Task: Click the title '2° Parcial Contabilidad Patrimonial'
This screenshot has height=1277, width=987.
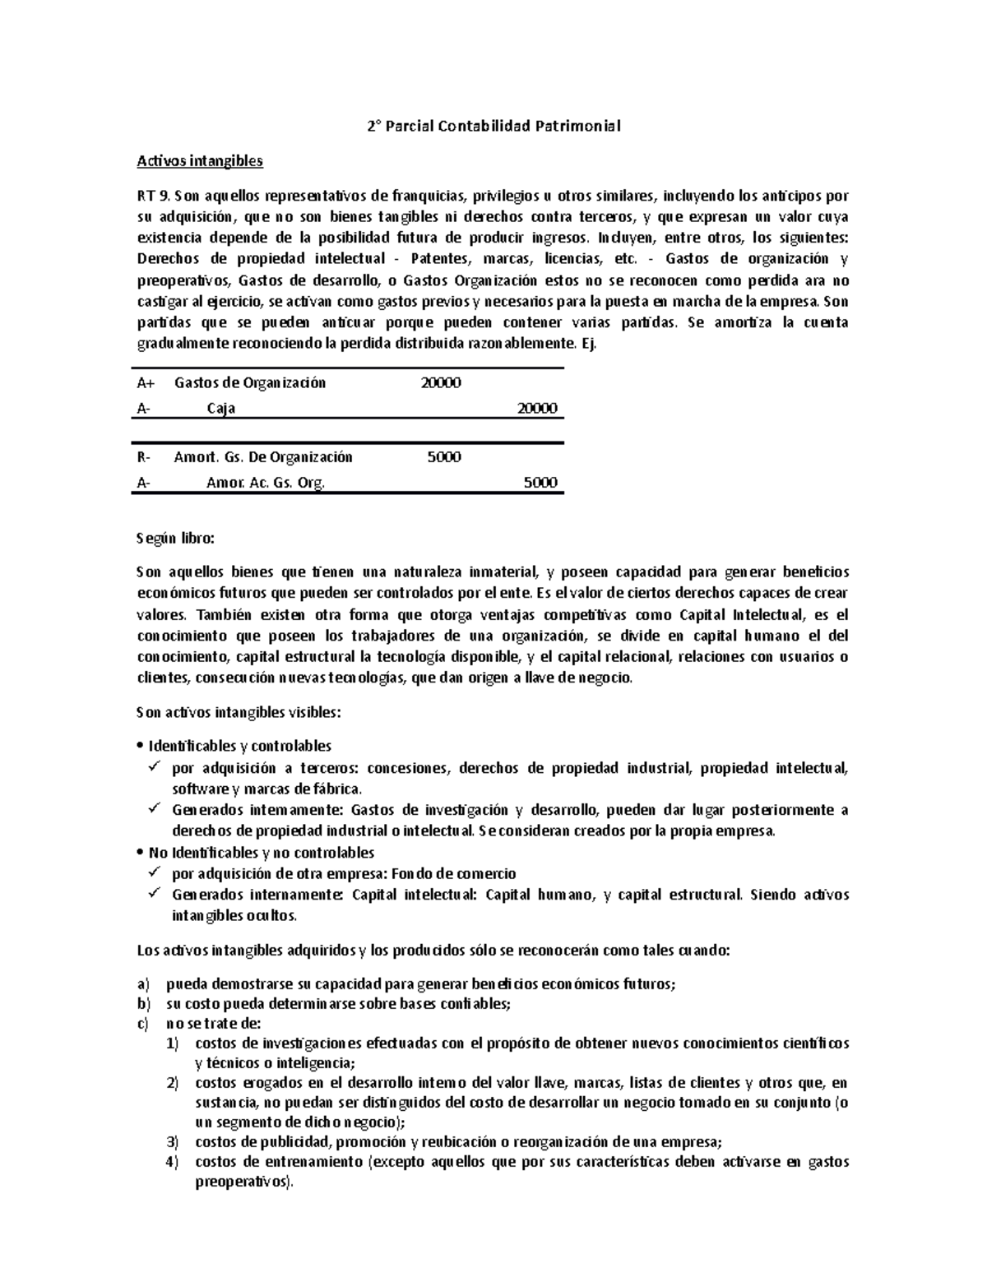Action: click(x=493, y=127)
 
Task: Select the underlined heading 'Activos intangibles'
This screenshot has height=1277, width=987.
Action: click(x=199, y=161)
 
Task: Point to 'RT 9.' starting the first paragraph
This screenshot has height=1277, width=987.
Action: click(x=153, y=196)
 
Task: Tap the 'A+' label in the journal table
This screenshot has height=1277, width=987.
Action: click(x=146, y=382)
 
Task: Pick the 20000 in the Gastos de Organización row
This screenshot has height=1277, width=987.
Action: click(x=440, y=382)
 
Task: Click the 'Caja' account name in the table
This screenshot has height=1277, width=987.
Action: click(x=220, y=409)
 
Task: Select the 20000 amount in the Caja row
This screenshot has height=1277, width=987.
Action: click(x=536, y=409)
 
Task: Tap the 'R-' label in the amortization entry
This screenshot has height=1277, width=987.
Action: click(x=145, y=457)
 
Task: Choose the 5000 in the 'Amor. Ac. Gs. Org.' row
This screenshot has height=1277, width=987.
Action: click(x=540, y=483)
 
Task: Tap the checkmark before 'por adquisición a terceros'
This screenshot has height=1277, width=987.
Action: click(x=155, y=768)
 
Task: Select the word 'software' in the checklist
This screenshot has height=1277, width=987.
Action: click(x=196, y=789)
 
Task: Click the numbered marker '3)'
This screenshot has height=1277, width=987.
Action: click(x=171, y=1142)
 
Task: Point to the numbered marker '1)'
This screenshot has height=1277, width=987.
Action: click(x=171, y=1043)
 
